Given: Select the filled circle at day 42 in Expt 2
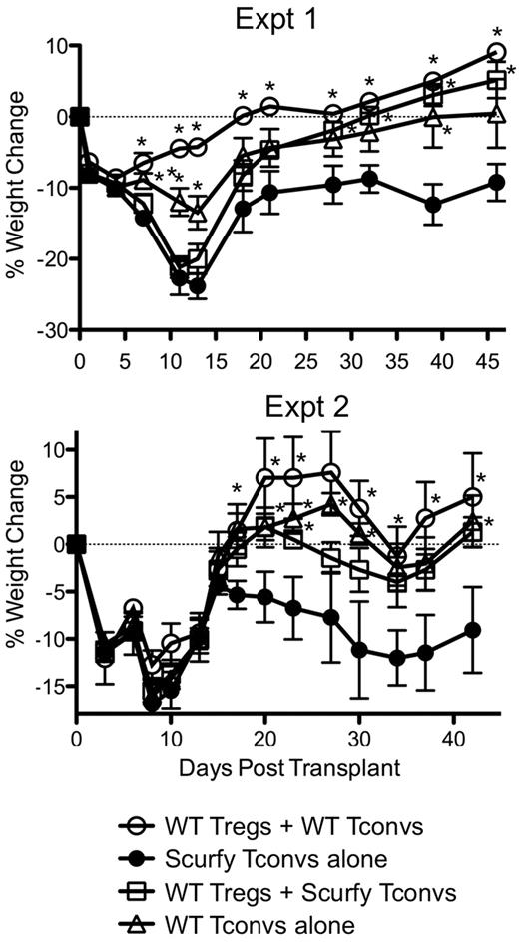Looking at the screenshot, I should click(x=473, y=630).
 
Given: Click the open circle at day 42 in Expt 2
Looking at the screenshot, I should click(x=473, y=497).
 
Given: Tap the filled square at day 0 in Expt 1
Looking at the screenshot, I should click(x=81, y=117).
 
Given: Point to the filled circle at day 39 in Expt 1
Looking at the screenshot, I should click(x=432, y=205).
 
